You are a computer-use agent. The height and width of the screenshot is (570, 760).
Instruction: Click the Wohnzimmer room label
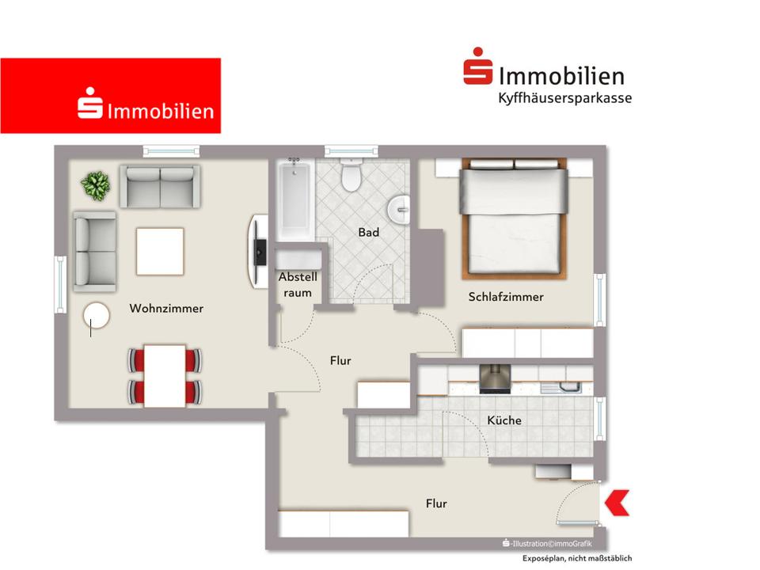[x=166, y=309]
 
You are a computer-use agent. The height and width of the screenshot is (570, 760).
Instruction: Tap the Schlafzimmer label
[x=506, y=298]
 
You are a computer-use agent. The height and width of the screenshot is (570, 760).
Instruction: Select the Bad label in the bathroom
[x=368, y=233]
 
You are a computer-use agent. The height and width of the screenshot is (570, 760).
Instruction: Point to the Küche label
[x=504, y=420]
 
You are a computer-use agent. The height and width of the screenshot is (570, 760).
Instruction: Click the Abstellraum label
[x=298, y=285]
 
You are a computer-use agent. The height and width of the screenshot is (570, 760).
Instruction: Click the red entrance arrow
[x=617, y=503]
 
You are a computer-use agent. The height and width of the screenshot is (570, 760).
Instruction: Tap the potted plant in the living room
[x=95, y=186]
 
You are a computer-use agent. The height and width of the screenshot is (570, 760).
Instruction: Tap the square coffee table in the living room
[x=160, y=250]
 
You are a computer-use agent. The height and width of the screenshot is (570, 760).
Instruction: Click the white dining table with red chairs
[x=165, y=376]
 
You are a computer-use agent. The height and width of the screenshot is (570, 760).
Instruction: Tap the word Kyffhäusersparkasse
[x=564, y=98]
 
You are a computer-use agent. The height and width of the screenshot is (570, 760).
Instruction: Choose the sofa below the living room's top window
[x=160, y=185]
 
